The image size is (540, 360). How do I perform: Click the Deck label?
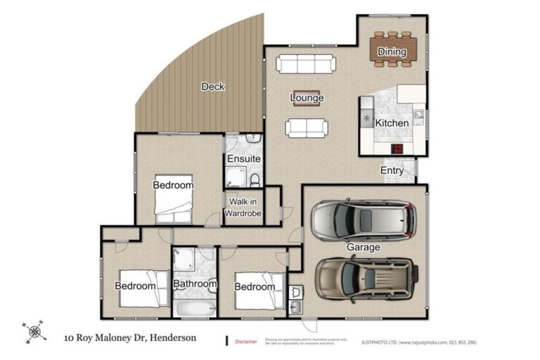click(x=212, y=86)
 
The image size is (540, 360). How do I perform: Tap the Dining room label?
click(x=392, y=51)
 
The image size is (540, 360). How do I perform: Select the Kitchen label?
click(x=392, y=123)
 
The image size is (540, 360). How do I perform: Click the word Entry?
click(x=392, y=171)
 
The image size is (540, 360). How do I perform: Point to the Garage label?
click(x=363, y=247)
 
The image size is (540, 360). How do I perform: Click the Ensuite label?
click(x=244, y=160)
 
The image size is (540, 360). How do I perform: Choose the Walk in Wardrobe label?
click(x=243, y=207)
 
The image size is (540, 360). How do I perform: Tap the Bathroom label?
click(x=195, y=284)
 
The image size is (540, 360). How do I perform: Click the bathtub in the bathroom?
click(x=193, y=307)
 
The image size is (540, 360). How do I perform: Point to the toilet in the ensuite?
click(x=255, y=181)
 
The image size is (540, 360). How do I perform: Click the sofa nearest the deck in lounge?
click(x=306, y=65)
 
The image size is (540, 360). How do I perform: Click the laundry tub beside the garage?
click(x=296, y=307)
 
